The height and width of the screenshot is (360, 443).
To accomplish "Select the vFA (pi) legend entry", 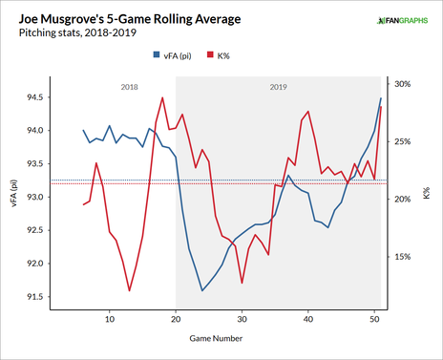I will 185,58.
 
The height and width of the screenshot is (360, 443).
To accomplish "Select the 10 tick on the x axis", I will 110,319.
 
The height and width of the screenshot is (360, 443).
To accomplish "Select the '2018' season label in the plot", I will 130,87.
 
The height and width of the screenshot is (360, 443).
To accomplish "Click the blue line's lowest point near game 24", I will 202,290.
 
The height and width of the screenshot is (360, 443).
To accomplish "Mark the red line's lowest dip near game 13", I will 129,290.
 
